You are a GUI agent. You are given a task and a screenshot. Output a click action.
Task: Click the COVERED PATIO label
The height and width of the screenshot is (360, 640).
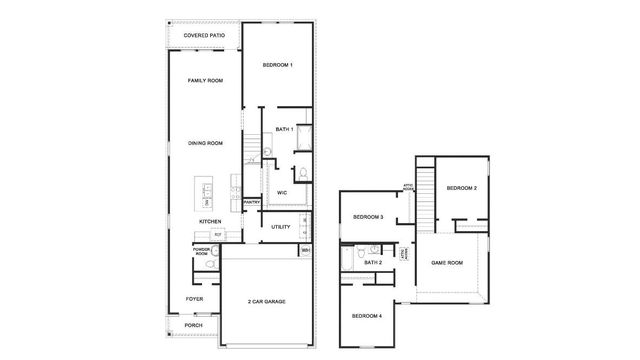coord(204,35)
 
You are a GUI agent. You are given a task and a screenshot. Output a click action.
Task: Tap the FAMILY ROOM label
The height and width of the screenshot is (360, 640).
coord(204,80)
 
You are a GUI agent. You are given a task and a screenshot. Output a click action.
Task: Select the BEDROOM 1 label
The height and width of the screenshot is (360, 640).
coord(277,65)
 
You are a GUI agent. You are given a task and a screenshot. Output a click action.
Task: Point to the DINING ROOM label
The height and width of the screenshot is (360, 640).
coord(204,143)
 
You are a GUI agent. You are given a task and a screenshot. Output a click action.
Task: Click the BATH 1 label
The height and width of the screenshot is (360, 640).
coord(284,129)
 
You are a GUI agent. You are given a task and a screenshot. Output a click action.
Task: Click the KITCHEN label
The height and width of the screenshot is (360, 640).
coord(210,221)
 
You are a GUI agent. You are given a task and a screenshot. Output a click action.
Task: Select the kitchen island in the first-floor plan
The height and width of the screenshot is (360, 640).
coord(208,193)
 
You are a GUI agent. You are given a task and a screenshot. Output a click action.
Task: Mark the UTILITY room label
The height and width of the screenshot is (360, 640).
coord(281,227)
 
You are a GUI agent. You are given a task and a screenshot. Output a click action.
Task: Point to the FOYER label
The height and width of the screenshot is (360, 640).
coord(193,298)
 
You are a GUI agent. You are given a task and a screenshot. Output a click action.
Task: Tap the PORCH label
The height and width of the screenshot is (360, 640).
coord(193,325)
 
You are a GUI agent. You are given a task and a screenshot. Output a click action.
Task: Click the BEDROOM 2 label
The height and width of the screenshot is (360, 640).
coord(461,188)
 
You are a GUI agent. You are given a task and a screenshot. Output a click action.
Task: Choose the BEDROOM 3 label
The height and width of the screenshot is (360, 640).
coord(368,217)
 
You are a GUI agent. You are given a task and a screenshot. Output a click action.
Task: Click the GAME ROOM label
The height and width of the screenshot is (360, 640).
coord(447,262)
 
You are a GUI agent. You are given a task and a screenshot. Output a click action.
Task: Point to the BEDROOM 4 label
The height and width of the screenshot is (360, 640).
coord(366,316)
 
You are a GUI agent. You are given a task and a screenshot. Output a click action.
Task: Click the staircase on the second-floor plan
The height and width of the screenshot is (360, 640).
coord(427,194)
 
